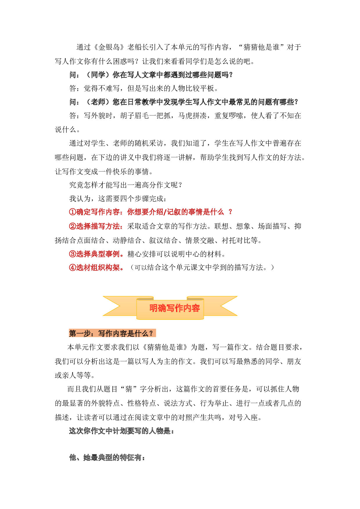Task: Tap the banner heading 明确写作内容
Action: coord(174,308)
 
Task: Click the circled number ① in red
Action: coord(73,212)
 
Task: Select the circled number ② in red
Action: coord(73,226)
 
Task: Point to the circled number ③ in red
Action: coord(73,254)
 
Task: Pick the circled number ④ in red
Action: coord(73,268)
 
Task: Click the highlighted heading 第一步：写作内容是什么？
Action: coord(112,333)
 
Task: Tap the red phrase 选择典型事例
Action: coord(98,254)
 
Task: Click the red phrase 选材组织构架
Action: coord(98,268)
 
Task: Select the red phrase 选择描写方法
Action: coord(98,226)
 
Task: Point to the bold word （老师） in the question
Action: coord(98,102)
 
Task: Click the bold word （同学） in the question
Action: coord(98,75)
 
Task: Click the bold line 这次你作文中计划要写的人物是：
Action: coord(122,431)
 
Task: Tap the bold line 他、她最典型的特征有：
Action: coord(107,458)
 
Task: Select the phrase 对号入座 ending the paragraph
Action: coord(243,418)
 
